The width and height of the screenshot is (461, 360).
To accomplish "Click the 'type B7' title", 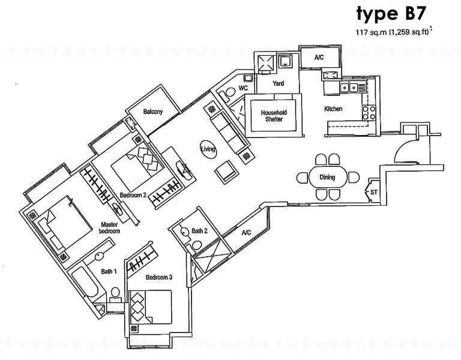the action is [391, 14].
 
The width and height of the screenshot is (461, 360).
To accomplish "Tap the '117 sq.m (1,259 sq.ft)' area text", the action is [393, 32].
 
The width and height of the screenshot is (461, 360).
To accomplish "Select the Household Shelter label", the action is [274, 116].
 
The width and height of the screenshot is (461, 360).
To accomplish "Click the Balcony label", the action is [153, 112].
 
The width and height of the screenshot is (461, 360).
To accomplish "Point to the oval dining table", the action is [328, 177].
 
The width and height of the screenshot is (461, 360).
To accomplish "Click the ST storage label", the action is [374, 193].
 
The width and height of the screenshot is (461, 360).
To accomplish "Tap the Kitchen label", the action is [333, 109].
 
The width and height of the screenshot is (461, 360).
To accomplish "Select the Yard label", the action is [278, 83].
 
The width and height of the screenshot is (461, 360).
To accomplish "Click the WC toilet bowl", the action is [228, 94].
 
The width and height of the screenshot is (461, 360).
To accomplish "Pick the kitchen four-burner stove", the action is [369, 113].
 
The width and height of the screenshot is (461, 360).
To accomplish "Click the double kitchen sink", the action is [349, 87].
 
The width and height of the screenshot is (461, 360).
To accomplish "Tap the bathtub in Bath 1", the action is [86, 283].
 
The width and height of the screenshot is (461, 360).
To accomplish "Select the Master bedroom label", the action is [109, 228].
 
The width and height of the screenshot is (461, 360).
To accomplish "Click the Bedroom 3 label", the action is [159, 277].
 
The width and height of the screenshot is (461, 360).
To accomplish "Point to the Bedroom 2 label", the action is [133, 195].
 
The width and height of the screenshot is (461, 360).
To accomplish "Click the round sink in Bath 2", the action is [184, 232].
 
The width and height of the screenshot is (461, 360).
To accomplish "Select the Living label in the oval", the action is [208, 149].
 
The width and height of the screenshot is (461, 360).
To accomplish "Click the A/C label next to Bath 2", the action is [246, 233].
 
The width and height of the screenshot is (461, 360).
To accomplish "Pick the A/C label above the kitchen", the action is [319, 58].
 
